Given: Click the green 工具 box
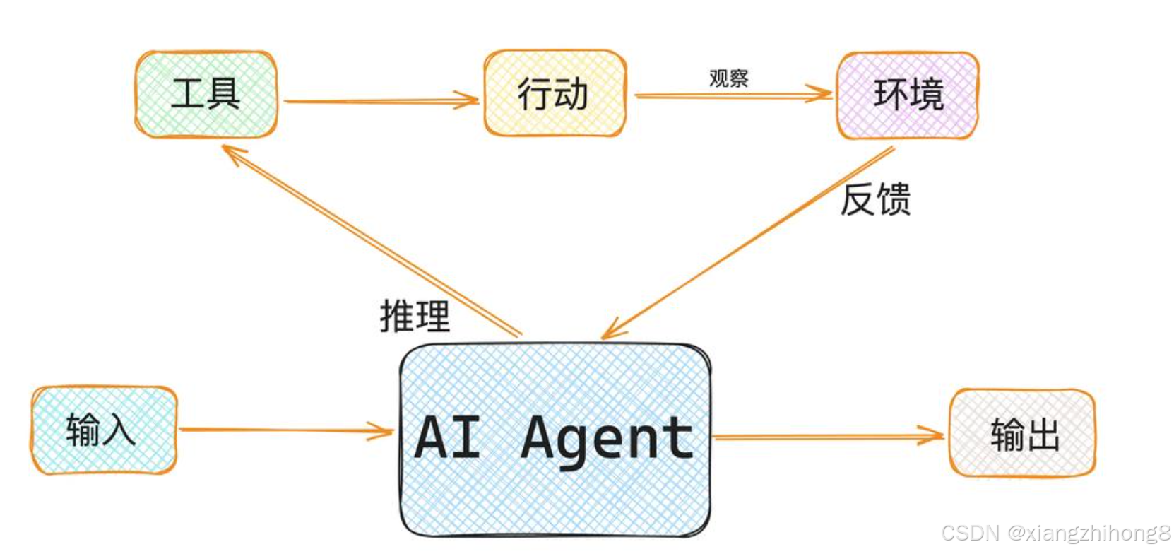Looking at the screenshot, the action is pyautogui.click(x=206, y=94).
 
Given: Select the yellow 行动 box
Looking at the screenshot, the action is pyautogui.click(x=555, y=93).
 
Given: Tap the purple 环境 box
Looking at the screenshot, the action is pyautogui.click(x=908, y=95).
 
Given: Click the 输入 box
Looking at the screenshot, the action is pyautogui.click(x=103, y=430).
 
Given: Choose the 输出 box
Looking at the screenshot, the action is pyautogui.click(x=1022, y=433).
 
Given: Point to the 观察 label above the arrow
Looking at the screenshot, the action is pyautogui.click(x=728, y=78).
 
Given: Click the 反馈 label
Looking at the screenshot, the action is pyautogui.click(x=875, y=199).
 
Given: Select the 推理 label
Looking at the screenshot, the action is pyautogui.click(x=415, y=315).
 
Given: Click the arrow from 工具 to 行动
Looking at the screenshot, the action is pyautogui.click(x=381, y=101).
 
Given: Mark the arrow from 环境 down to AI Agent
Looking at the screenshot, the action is pyautogui.click(x=749, y=240).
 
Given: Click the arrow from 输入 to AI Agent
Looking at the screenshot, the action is pyautogui.click(x=283, y=430).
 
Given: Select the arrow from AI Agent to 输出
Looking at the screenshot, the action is pyautogui.click(x=826, y=437).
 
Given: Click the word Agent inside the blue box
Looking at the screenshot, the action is pyautogui.click(x=607, y=438).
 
